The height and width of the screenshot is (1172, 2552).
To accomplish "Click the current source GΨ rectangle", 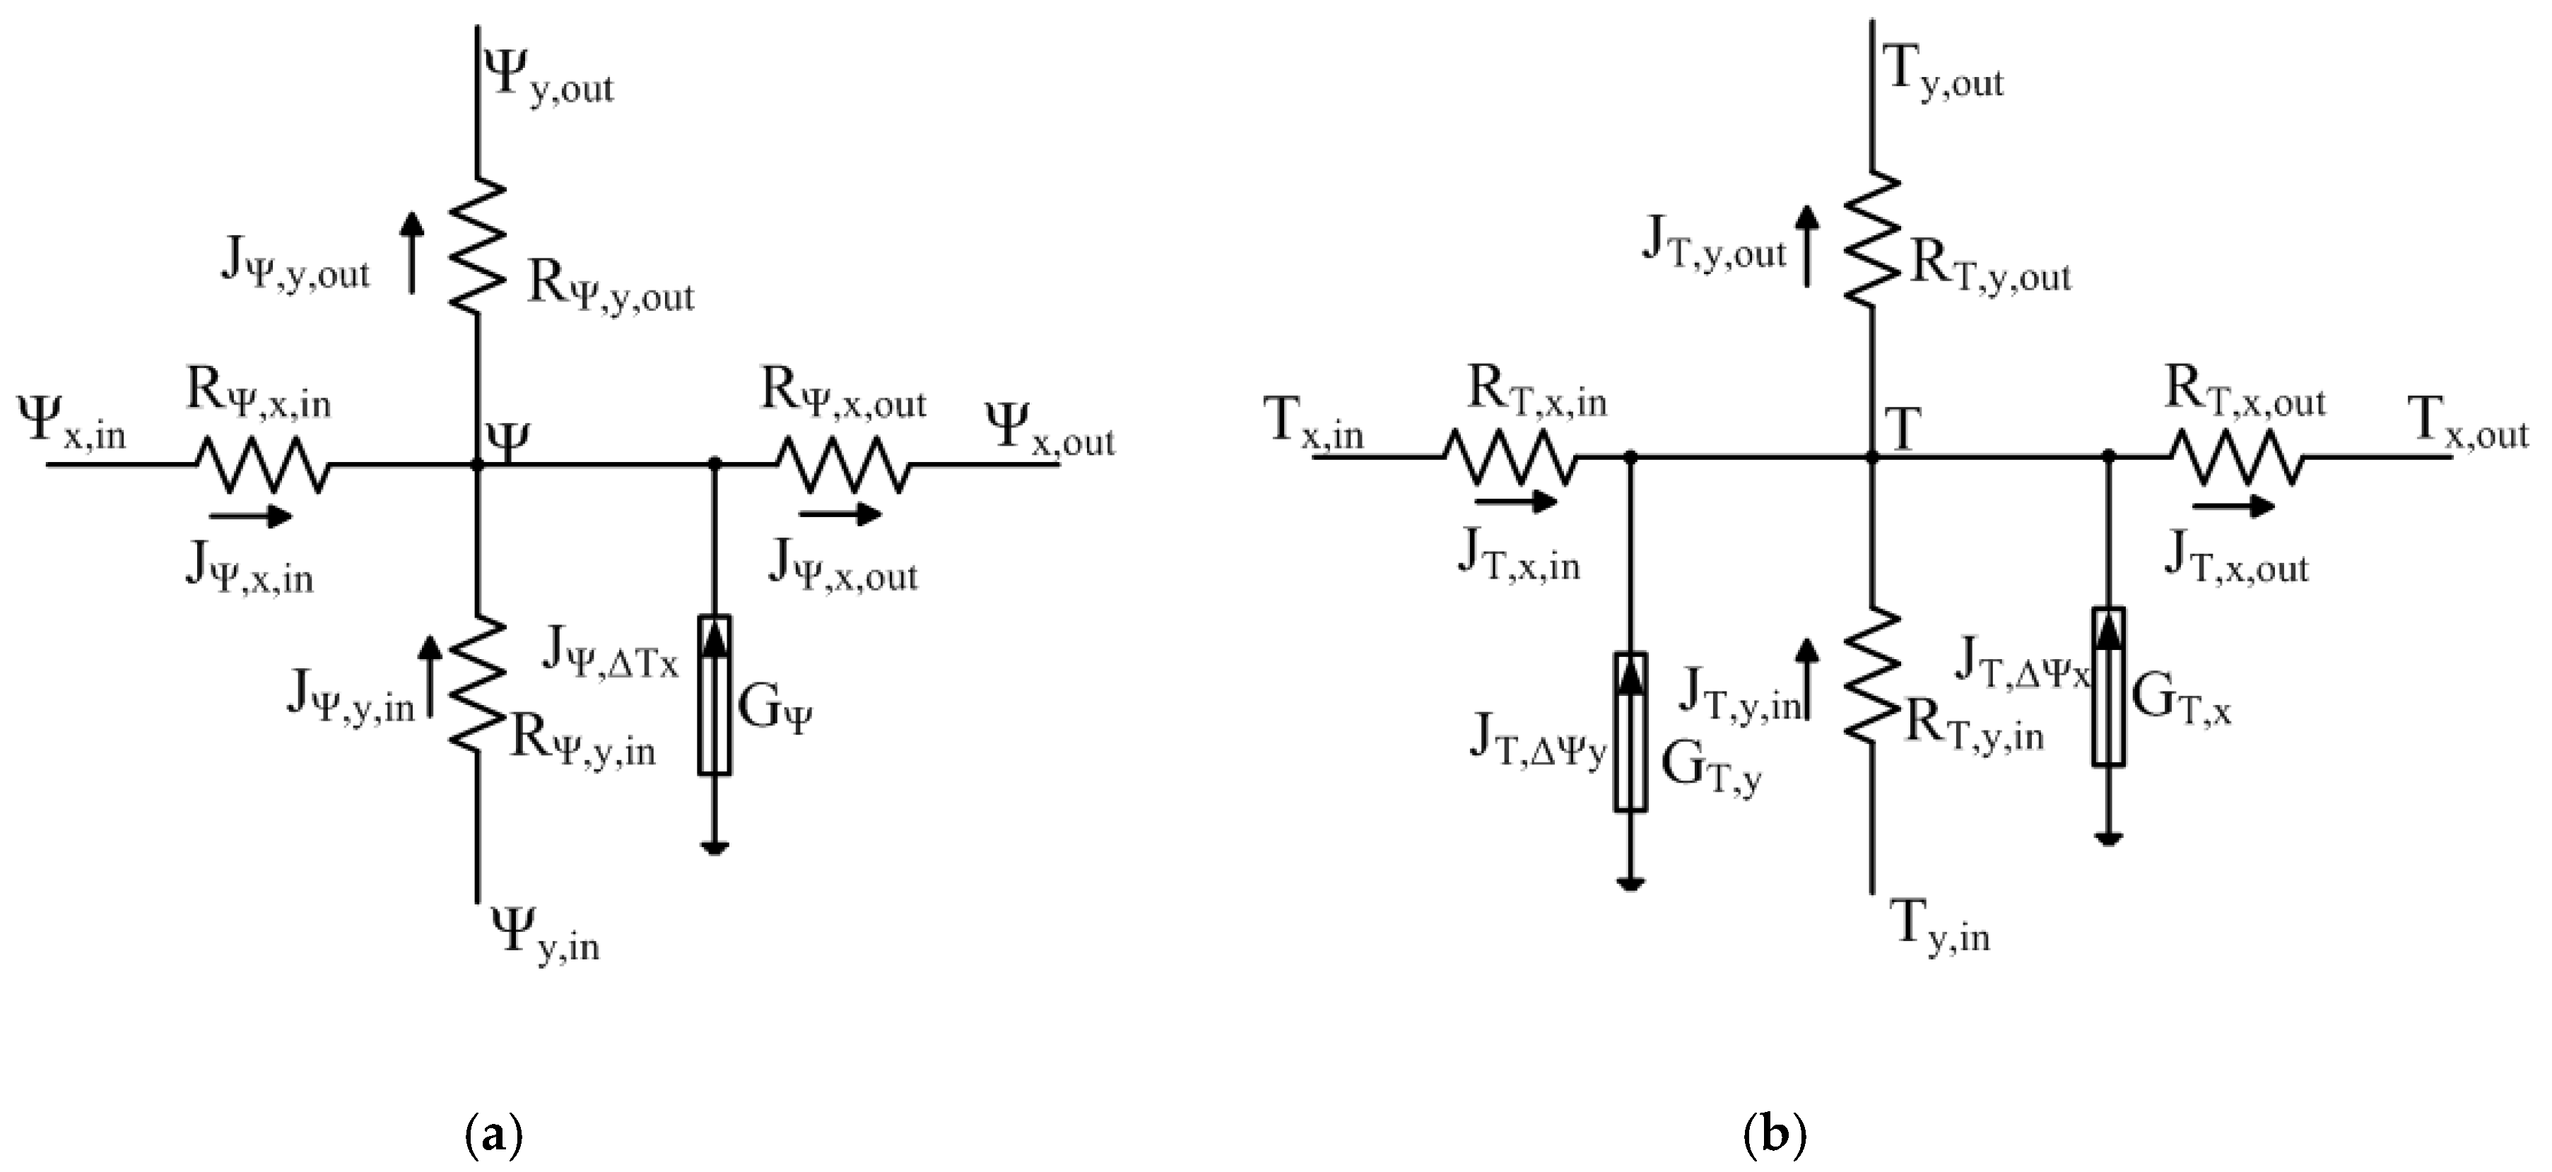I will click(715, 694).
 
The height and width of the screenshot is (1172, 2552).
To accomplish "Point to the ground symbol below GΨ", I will click(715, 847).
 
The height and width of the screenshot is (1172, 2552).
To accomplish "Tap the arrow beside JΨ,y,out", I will click(412, 251).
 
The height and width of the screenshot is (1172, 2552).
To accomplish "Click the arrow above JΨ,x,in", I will click(249, 516).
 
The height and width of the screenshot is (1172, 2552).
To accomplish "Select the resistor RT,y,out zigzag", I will click(1872, 238).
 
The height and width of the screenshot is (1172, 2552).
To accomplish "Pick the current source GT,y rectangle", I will click(1630, 732).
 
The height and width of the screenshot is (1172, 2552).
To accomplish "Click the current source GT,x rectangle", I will click(2109, 687).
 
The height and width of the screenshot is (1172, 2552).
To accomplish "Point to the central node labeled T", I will click(1872, 456).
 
